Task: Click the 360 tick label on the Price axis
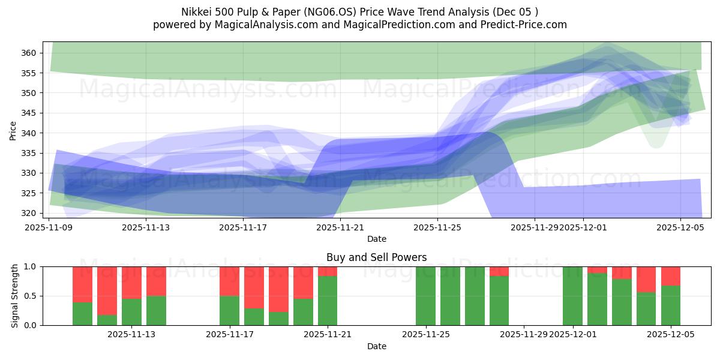(29, 53)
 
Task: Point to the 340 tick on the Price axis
(29, 133)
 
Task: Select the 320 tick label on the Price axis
(29, 213)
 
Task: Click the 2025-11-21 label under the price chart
(340, 227)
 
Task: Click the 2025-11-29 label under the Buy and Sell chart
(523, 334)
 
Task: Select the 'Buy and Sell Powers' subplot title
(376, 257)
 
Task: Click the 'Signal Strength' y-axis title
(15, 296)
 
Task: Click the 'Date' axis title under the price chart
(376, 239)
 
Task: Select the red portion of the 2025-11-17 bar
(229, 281)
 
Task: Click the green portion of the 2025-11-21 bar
(328, 301)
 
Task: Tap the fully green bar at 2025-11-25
(425, 296)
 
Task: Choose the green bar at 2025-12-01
(572, 296)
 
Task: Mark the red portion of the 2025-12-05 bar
(671, 275)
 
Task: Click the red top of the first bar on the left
(82, 284)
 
